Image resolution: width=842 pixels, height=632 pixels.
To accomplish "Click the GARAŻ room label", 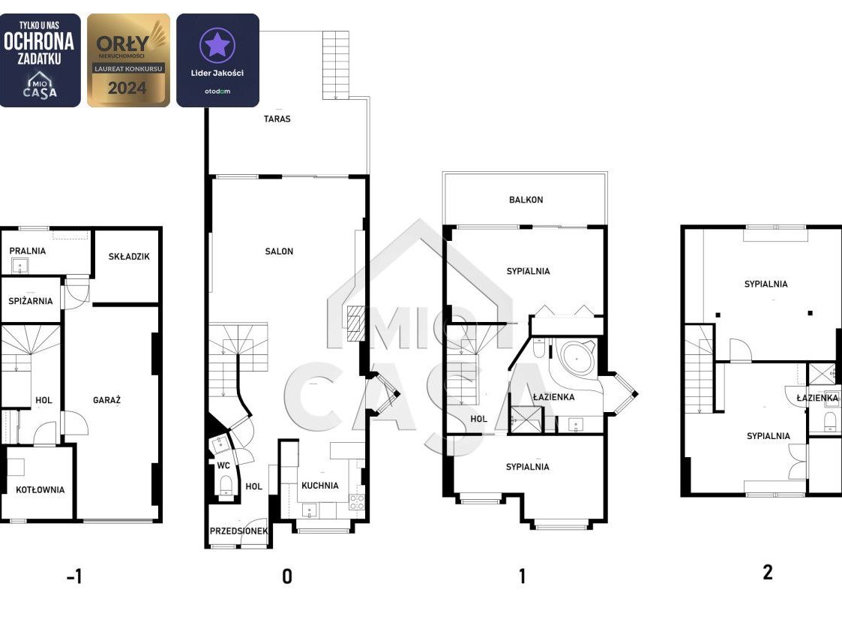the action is tap(107, 400).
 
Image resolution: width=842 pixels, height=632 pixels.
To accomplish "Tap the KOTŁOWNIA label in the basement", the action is tap(40, 489).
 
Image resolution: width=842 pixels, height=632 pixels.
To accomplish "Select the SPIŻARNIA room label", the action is tap(31, 301).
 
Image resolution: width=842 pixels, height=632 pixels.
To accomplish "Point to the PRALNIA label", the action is tap(28, 251).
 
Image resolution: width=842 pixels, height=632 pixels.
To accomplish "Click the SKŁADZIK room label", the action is tap(129, 257).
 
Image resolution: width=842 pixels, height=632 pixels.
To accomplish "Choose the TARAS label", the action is tap(277, 119).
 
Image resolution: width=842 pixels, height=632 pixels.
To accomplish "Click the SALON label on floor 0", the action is tap(279, 251).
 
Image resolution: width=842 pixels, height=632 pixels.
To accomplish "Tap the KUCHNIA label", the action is tap(320, 486).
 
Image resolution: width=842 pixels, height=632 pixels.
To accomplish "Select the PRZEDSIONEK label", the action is tap(239, 531).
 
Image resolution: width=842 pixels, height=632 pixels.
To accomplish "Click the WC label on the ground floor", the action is tap(223, 465).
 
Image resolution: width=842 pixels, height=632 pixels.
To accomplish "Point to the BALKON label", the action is tap(526, 200).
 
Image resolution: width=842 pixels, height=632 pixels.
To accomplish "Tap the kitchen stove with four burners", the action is tap(357, 502).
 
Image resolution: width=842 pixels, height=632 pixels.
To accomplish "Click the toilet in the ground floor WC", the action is tap(226, 486).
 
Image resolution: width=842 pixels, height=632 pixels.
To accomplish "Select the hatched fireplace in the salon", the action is tap(355, 324).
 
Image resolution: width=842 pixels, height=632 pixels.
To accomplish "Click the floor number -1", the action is tap(74, 576).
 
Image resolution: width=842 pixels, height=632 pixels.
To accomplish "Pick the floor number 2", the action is tap(768, 573).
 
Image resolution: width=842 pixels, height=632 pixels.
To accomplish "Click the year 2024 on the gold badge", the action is tap(127, 88).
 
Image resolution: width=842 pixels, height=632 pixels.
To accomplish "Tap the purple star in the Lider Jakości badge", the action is tap(217, 45).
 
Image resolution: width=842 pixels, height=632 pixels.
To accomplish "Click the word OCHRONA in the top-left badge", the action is tap(39, 41).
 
